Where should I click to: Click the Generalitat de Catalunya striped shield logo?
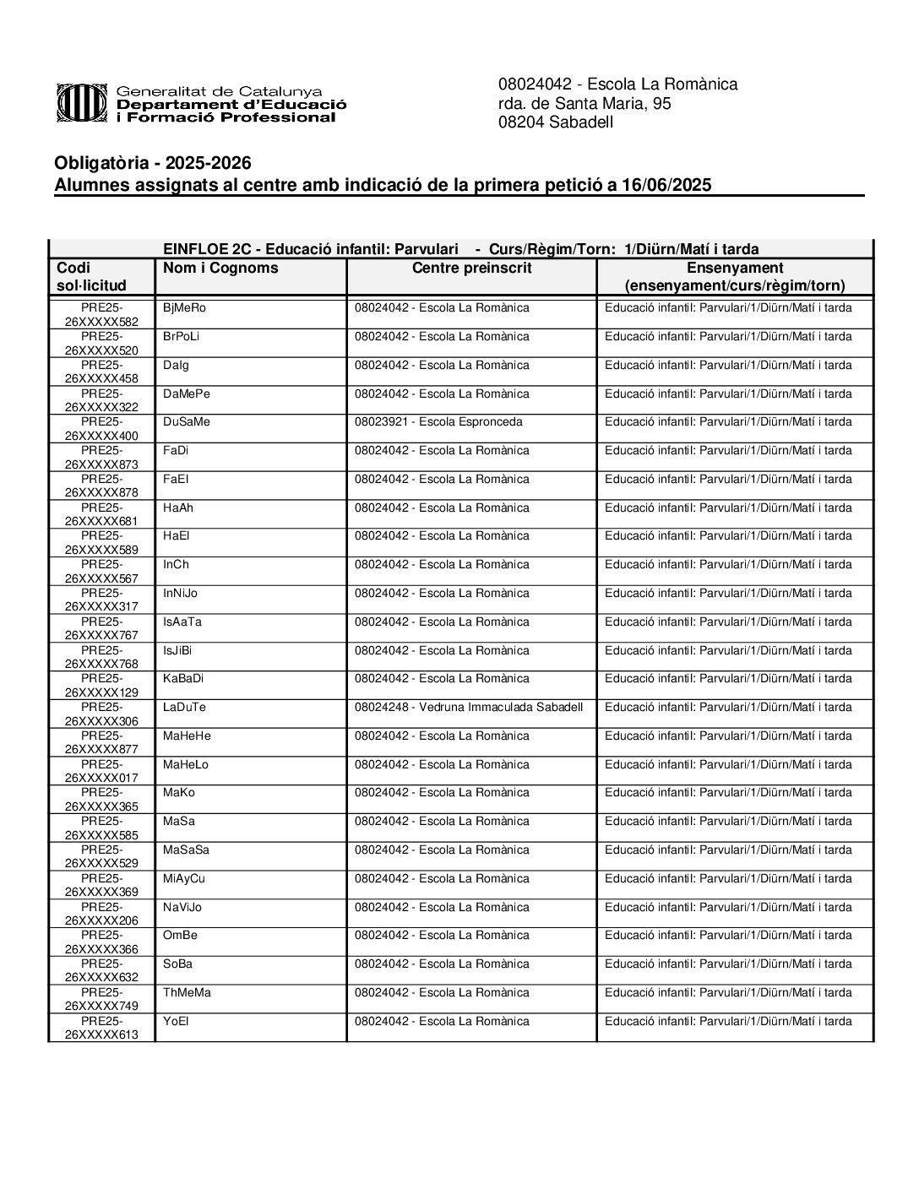click(82, 103)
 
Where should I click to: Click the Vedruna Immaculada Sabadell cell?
click(469, 708)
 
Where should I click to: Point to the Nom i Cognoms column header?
click(220, 269)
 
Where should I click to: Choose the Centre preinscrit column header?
click(471, 269)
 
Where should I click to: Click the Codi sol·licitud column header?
click(91, 277)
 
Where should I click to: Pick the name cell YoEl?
click(176, 1022)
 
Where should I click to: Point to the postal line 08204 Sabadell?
click(556, 122)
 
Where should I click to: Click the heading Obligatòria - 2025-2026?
click(153, 163)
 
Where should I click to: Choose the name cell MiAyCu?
click(184, 879)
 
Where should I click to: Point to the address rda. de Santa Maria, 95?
click(585, 104)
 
